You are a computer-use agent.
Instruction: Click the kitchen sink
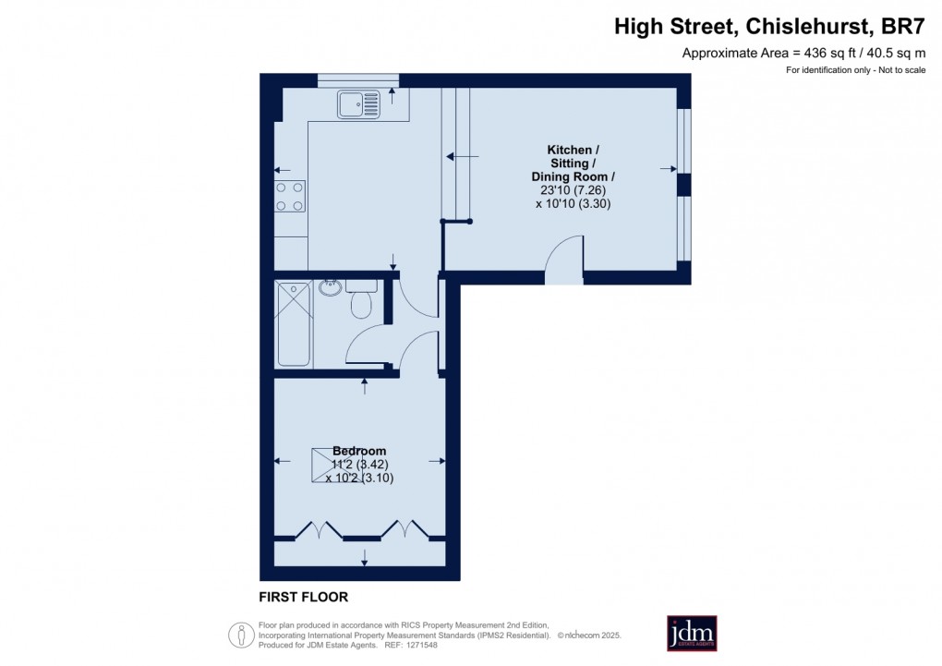pos(358,104)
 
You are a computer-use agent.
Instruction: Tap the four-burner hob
pos(290,196)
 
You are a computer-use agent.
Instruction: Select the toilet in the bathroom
pos(361,299)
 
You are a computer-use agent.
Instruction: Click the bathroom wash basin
pos(330,287)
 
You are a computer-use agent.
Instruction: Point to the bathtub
pos(294,323)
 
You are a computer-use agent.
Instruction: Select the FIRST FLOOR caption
pos(303,598)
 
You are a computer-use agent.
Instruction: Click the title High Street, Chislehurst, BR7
pos(770,27)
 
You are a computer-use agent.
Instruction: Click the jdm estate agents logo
pos(692,633)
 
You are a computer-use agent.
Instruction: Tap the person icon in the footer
pos(241,635)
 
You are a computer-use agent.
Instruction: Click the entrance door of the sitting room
pos(564,260)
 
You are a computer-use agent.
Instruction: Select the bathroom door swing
pos(370,346)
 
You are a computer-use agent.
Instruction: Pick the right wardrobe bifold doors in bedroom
pos(406,529)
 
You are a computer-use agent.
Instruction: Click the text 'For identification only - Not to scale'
pos(855,71)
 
